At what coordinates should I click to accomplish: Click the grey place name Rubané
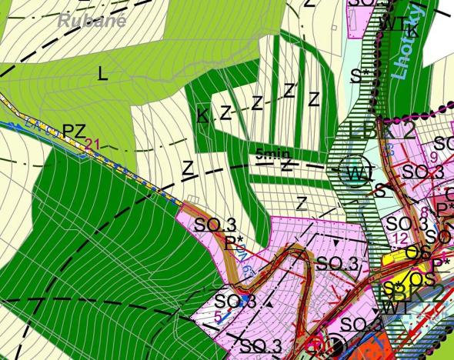(x=91, y=21)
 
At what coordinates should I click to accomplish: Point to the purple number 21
(x=93, y=143)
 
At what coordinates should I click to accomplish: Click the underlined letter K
(x=202, y=116)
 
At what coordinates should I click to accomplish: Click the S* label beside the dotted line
(x=356, y=75)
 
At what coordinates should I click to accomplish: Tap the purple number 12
(x=399, y=238)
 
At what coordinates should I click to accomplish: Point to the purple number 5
(x=218, y=315)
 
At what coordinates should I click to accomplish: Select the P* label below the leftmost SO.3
(x=234, y=242)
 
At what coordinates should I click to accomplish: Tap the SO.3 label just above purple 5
(x=235, y=300)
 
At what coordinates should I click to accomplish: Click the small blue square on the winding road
(x=244, y=298)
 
